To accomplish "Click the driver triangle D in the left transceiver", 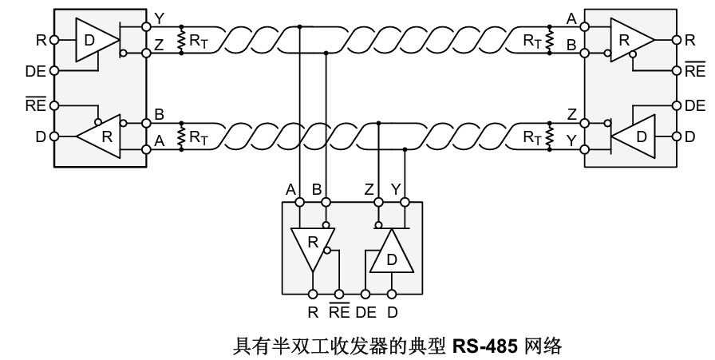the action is pos(93,40).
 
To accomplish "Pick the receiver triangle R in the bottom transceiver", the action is pos(313,247).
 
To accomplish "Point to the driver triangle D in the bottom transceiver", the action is pos(392,255).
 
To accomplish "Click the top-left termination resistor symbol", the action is pos(181,40).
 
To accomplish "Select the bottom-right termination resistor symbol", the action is pos(550,136).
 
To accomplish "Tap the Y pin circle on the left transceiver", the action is pos(146,27).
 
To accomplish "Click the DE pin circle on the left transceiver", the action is pos(54,71).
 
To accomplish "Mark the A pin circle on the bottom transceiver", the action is pos(299,202).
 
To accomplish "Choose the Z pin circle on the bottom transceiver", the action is pos(378,202).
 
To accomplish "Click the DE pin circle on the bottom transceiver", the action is pos(365,295).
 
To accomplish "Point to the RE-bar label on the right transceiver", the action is pos(694,70).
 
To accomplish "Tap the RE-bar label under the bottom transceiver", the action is pos(339,311).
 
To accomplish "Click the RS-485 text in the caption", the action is pos(484,346).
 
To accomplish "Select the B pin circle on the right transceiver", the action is pos(585,53).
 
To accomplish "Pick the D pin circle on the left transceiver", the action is pos(54,136).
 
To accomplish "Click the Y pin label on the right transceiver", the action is pos(572,141).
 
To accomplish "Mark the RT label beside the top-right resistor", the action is pos(532,41).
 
